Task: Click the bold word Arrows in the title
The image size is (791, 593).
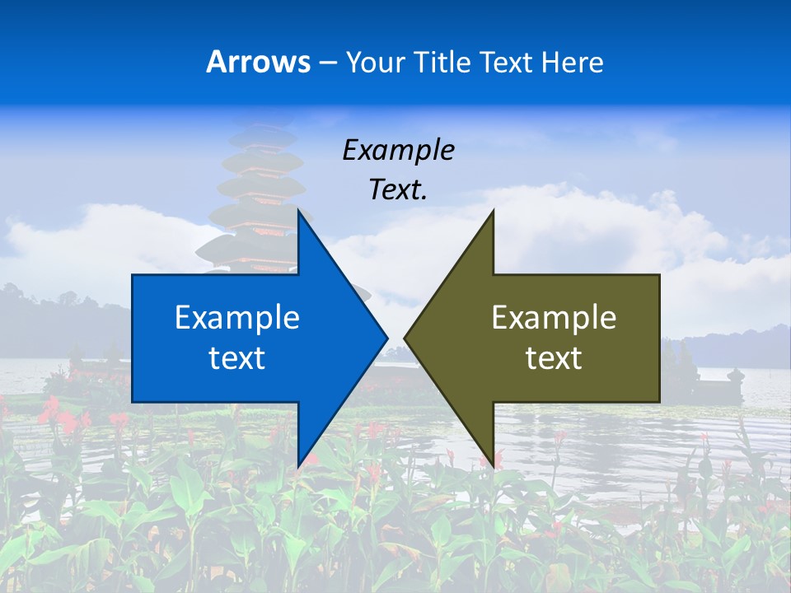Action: tap(258, 62)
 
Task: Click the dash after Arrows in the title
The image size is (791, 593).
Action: tap(327, 63)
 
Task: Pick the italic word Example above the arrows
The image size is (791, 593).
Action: tap(398, 150)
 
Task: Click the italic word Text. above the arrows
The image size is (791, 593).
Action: tap(398, 189)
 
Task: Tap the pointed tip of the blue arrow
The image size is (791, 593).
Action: tap(385, 338)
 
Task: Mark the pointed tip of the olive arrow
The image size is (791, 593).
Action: tap(406, 338)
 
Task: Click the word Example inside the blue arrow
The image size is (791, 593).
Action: tap(237, 317)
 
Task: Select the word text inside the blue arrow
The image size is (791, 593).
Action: tap(237, 358)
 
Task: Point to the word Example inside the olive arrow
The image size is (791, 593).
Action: tap(554, 317)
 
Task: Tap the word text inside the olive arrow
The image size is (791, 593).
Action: tap(554, 358)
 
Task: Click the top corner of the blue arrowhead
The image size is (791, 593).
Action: tap(299, 212)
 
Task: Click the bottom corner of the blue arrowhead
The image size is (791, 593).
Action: tap(299, 465)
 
